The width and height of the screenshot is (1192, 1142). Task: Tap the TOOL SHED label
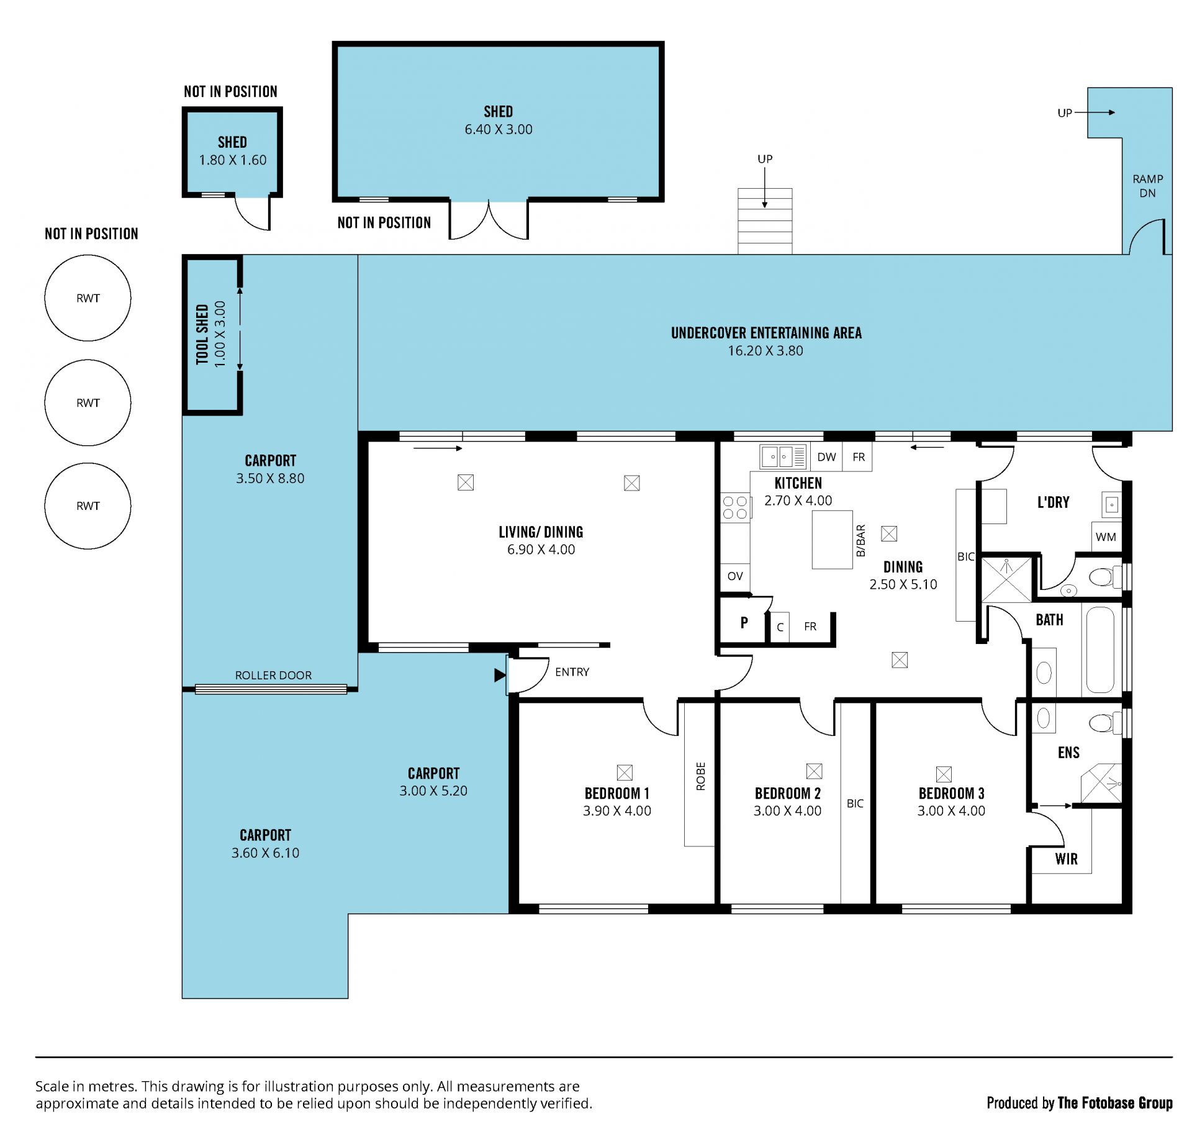(202, 334)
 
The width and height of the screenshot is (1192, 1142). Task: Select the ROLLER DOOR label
(273, 675)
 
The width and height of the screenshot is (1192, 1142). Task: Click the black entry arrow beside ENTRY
(500, 675)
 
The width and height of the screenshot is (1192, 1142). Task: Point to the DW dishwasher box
(826, 457)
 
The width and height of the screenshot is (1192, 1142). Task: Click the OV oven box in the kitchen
(735, 576)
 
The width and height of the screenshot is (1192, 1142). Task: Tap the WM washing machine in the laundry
(1106, 537)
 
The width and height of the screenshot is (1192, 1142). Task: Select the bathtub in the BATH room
(1100, 649)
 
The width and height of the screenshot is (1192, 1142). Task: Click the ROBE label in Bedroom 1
(700, 776)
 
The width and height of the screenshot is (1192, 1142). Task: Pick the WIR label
(1066, 859)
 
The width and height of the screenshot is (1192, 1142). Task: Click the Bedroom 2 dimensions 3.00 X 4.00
(787, 810)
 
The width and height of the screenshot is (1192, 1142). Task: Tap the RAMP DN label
(1147, 186)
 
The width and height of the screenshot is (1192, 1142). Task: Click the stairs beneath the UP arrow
(765, 221)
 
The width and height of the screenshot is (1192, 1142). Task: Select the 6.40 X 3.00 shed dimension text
(499, 129)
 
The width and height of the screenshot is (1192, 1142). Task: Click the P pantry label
(744, 622)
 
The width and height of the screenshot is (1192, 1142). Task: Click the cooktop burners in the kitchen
(735, 507)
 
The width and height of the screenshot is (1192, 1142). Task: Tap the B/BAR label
(860, 540)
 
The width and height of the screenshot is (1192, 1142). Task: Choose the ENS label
(1068, 753)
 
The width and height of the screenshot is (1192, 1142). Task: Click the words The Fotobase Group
(1115, 1103)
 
